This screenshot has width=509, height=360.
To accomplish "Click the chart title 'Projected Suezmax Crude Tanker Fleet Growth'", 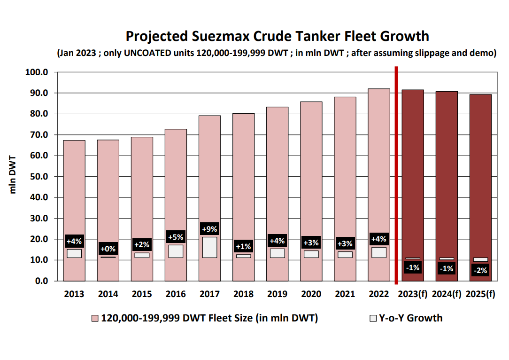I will [277, 36].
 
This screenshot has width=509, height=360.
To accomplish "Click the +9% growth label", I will [209, 229].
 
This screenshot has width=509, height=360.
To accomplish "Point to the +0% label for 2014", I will [108, 249].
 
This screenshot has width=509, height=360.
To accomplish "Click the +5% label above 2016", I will [176, 237].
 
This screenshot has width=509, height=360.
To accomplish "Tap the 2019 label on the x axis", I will [277, 294].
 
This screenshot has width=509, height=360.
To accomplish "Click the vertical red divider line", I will [397, 175].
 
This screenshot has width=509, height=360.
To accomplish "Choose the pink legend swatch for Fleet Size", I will [95, 319].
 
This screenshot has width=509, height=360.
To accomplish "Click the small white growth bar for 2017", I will [209, 247].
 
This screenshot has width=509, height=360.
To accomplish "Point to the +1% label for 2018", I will [243, 246].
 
